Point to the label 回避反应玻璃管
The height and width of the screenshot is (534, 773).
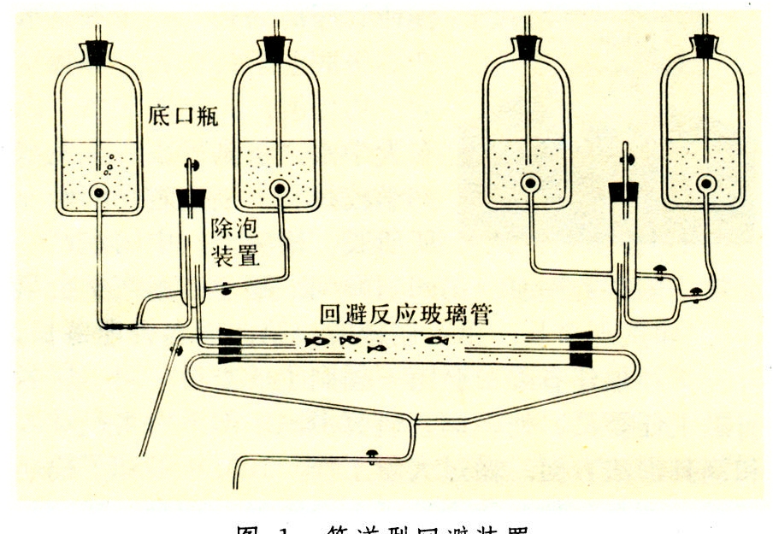coord(404,315)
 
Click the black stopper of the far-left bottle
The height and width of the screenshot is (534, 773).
coord(98,53)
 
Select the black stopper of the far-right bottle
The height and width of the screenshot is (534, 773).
coord(705,47)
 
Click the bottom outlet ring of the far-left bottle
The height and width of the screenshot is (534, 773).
coord(100,194)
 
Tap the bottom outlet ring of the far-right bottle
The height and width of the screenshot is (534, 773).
coord(706,182)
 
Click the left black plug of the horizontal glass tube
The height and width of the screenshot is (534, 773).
coord(231,345)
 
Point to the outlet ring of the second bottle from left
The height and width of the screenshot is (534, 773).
coord(278,187)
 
